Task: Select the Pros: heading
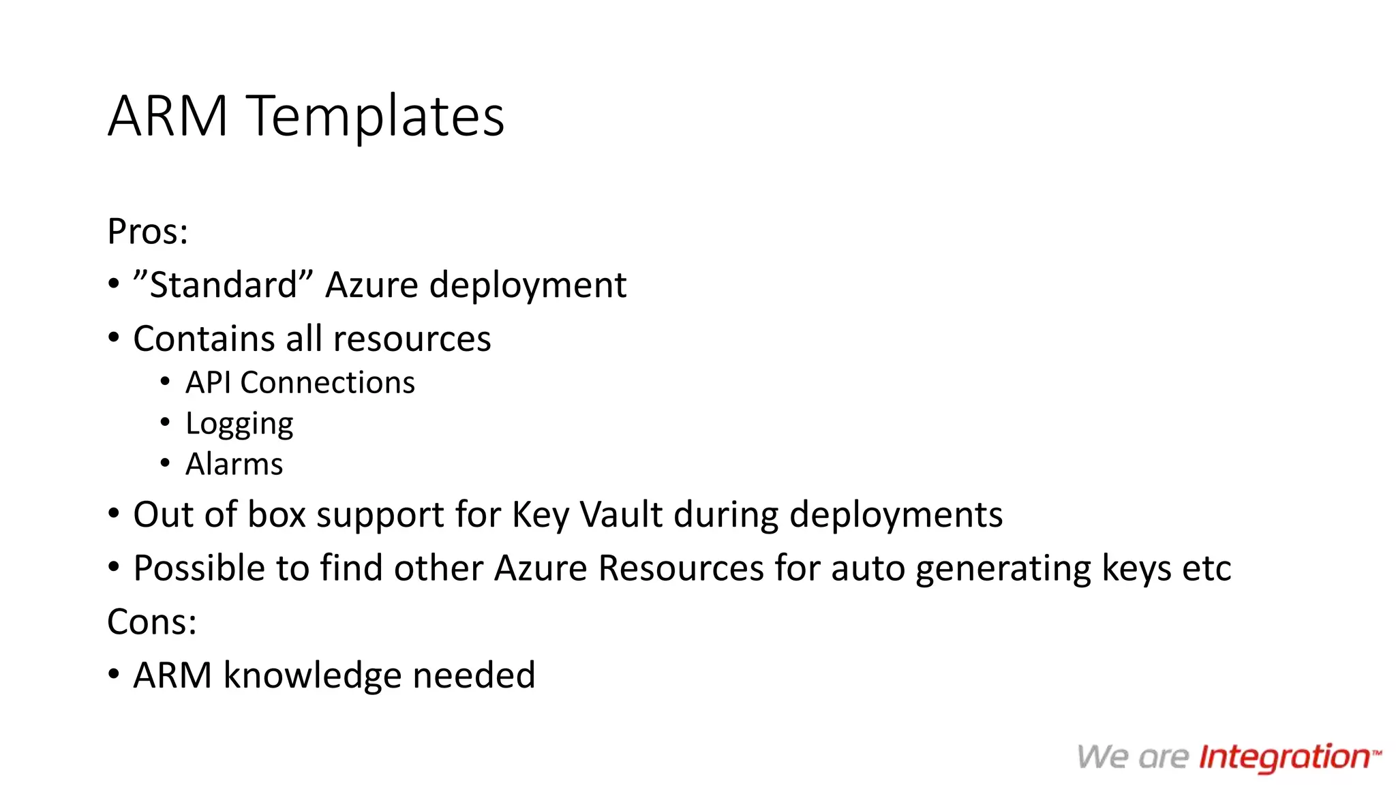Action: [x=147, y=232]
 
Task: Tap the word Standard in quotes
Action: [x=224, y=285]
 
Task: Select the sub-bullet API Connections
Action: [x=300, y=383]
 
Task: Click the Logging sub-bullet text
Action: [x=239, y=425]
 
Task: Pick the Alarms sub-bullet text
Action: [x=234, y=465]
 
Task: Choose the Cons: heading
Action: [x=152, y=622]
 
